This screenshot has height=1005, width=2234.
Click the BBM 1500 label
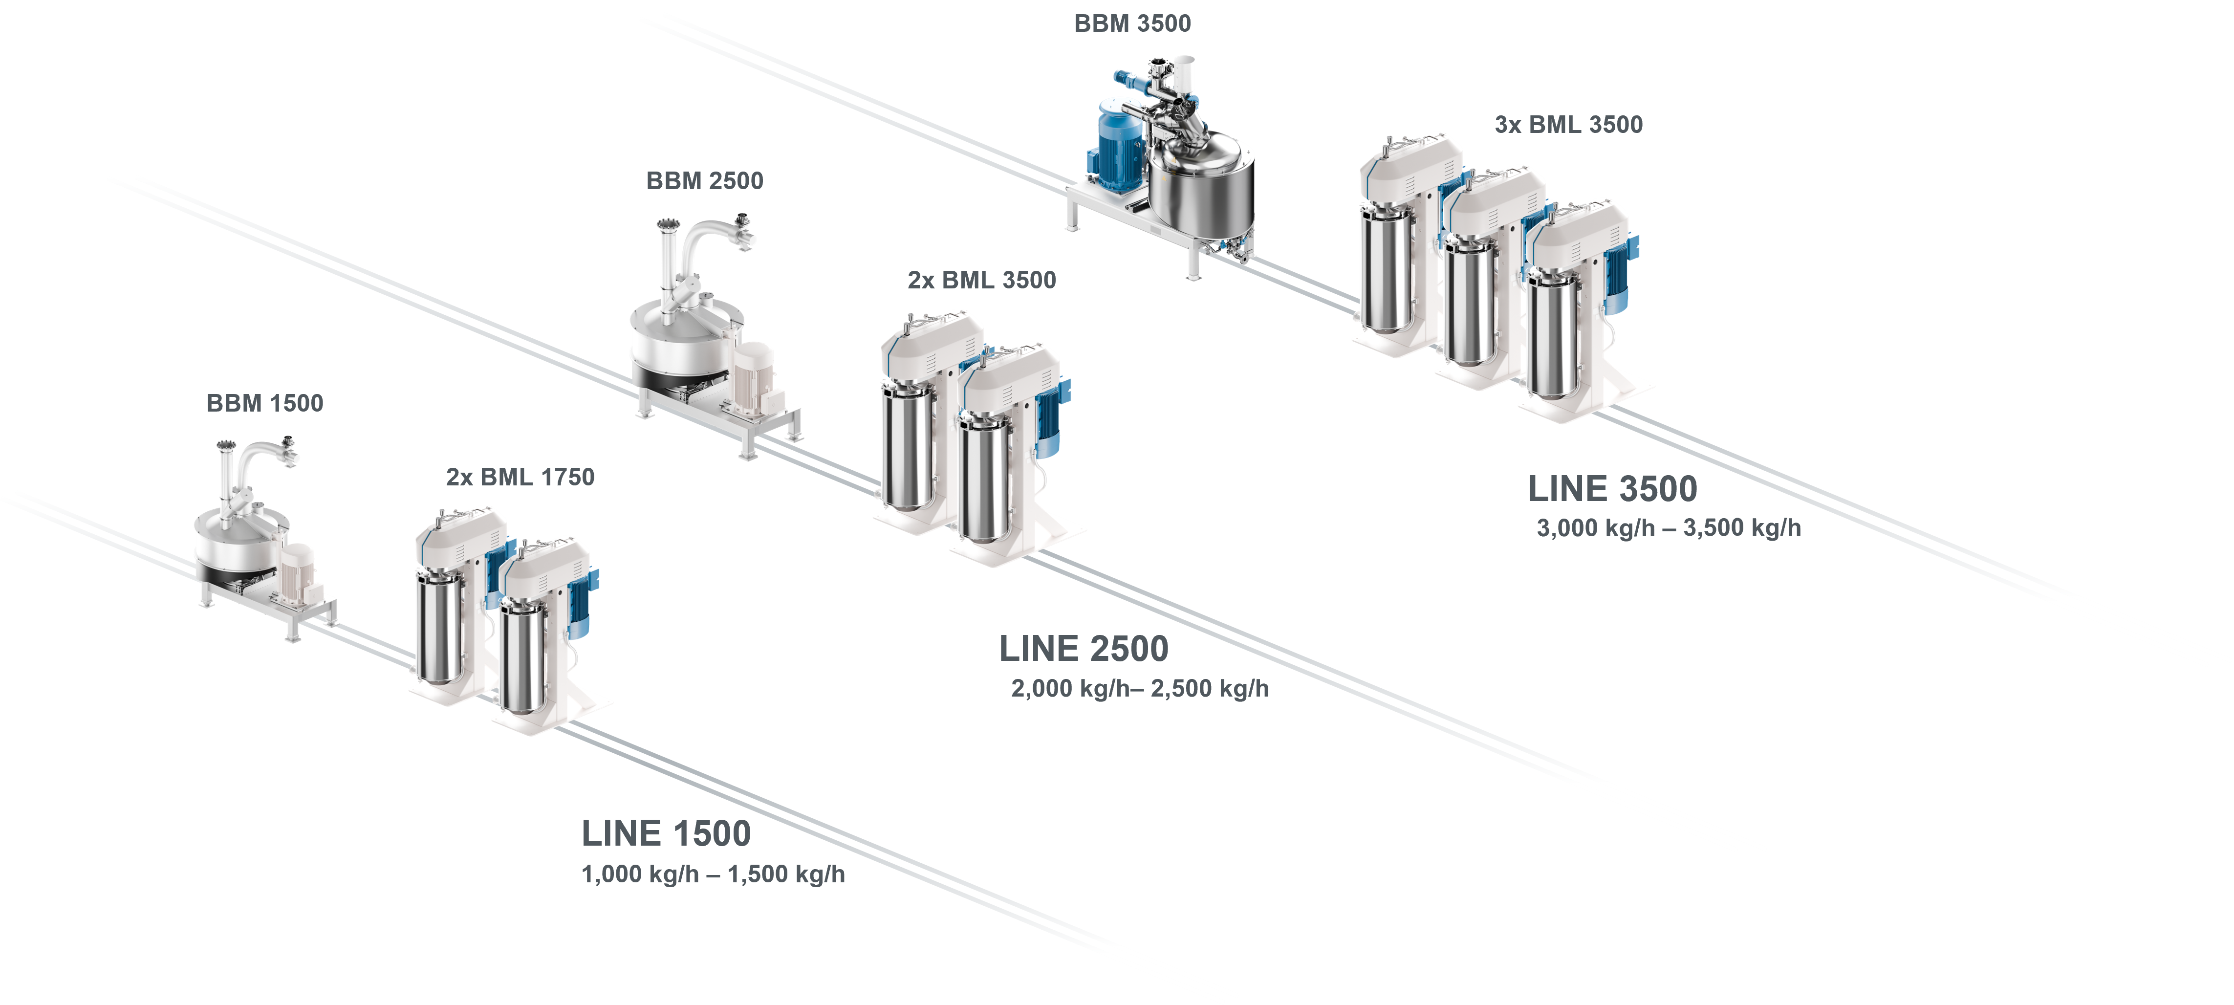(264, 403)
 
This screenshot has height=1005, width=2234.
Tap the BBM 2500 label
(705, 181)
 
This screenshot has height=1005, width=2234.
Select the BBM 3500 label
(1132, 23)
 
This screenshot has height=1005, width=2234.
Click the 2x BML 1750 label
(521, 477)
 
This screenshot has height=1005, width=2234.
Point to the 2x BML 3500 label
(982, 280)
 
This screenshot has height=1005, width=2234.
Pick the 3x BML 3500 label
(1569, 125)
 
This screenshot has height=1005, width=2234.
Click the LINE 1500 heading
(666, 833)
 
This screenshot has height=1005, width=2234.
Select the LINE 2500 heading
(1084, 649)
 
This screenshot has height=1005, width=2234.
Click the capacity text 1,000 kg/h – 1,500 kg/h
(713, 874)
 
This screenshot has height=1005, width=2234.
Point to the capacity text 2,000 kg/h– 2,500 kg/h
(1140, 689)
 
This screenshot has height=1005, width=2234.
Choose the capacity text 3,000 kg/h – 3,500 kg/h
(1669, 528)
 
